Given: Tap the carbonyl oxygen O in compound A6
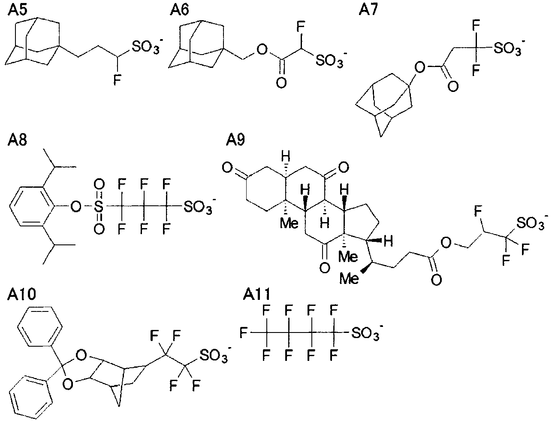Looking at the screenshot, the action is [x=281, y=82].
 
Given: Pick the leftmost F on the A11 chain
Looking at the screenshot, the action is [x=243, y=333].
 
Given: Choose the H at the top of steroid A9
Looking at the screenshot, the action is [x=285, y=156].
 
